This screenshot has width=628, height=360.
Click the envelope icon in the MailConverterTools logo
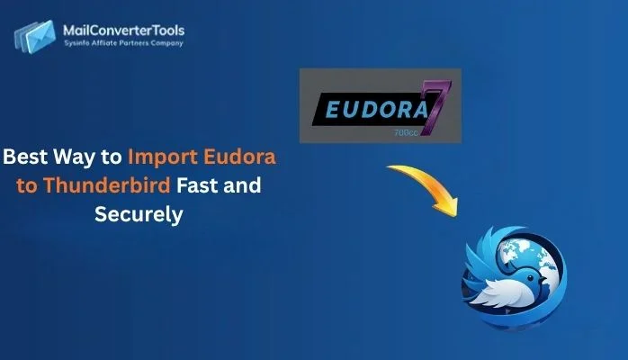tap(33, 35)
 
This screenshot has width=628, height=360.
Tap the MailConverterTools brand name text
tap(124, 31)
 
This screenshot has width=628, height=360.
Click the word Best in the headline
tap(26, 157)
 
